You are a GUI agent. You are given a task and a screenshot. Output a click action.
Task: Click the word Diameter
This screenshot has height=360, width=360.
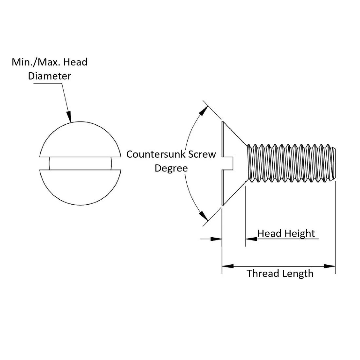pyautogui.click(x=49, y=76)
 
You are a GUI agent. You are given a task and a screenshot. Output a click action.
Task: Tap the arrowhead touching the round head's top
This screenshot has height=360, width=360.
pyautogui.click(x=69, y=116)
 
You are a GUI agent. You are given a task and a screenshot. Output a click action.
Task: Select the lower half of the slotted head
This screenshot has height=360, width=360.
pyautogui.click(x=80, y=187)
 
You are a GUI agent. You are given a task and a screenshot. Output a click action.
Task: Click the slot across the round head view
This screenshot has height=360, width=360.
pyautogui.click(x=80, y=163)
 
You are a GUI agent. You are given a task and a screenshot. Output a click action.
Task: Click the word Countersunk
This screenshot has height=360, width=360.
pyautogui.click(x=153, y=154)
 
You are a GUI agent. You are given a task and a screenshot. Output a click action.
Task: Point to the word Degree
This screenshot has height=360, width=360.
pyautogui.click(x=171, y=168)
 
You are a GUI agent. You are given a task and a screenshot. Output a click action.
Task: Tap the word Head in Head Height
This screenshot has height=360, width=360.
pyautogui.click(x=270, y=233)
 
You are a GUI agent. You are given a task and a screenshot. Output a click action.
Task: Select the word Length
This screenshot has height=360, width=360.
pyautogui.click(x=297, y=273)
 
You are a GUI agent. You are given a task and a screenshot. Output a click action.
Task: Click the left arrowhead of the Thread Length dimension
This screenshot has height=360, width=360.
pyautogui.click(x=228, y=266)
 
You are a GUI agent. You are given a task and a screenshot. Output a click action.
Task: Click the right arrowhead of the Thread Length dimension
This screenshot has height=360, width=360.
pyautogui.click(x=330, y=266)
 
